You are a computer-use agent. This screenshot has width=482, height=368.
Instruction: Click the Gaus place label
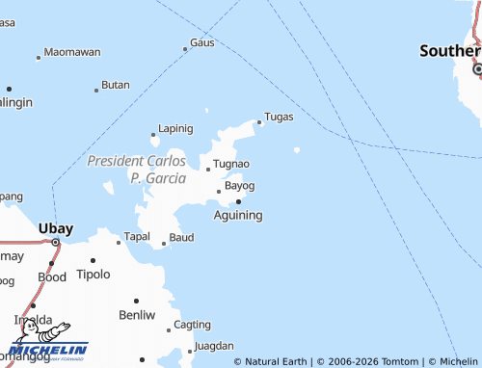[201, 42]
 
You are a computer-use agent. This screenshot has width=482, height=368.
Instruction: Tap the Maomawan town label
[72, 51]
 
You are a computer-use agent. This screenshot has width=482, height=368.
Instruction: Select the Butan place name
[115, 85]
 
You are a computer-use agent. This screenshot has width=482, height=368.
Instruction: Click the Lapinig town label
[175, 128]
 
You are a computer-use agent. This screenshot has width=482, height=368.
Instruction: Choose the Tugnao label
[230, 164]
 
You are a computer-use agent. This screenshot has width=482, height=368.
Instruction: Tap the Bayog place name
[239, 185]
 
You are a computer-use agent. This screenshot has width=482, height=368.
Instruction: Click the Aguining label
[237, 215]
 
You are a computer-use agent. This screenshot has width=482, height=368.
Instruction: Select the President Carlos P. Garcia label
[137, 169]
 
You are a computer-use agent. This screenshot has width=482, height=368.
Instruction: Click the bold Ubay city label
[55, 228]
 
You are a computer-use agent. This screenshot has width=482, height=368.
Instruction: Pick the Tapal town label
[136, 237]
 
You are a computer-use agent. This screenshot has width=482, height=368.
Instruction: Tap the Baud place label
[181, 237]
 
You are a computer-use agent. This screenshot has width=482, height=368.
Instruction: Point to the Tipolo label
[94, 274]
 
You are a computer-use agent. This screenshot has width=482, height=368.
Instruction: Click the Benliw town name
[136, 315]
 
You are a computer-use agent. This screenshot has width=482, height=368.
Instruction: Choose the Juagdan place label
[213, 345]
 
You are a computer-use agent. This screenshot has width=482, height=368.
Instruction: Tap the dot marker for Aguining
[238, 201]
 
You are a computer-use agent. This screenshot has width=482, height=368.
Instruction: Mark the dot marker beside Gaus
[186, 49]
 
